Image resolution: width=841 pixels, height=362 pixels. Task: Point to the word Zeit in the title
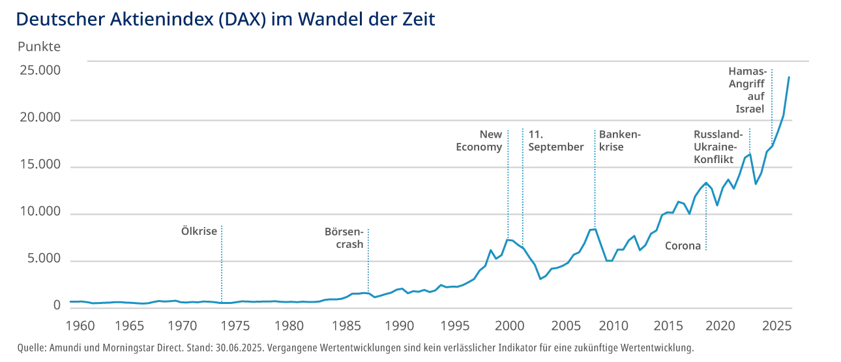pos(421,20)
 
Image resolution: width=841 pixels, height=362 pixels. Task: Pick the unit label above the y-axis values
pos(39,47)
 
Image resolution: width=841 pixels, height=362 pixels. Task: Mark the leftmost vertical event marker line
pos(222,261)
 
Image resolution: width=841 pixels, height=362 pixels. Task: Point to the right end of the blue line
pos(791,75)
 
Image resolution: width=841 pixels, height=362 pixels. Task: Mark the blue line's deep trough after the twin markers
pos(541,279)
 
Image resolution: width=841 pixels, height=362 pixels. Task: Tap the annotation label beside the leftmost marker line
pos(198,232)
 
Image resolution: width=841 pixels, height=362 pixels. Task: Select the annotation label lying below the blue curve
pos(684,245)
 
